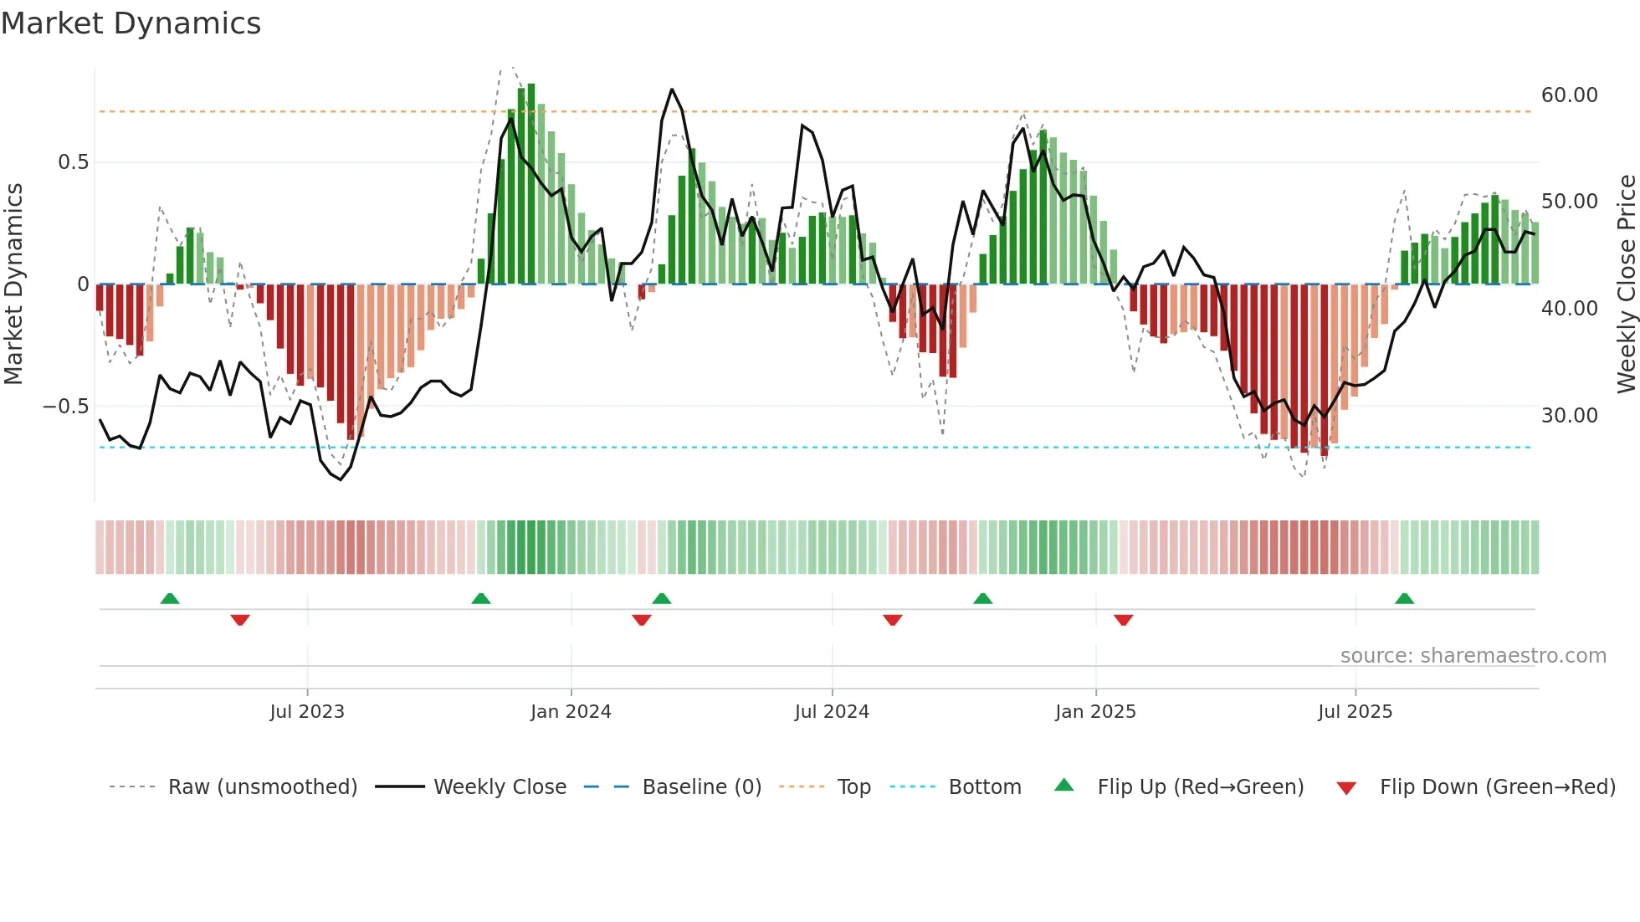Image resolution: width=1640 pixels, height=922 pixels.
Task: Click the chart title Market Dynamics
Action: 131,23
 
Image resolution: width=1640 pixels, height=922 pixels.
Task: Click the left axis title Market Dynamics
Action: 13,284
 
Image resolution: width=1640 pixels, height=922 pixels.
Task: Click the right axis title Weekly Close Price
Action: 1626,284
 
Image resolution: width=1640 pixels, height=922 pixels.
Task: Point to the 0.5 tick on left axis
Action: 74,162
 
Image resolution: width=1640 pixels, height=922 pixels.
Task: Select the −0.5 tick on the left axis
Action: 66,407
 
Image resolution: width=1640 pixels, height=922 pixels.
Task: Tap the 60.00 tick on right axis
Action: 1569,95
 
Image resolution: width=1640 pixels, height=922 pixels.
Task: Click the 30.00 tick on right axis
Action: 1569,416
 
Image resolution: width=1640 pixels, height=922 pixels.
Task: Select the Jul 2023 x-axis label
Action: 307,712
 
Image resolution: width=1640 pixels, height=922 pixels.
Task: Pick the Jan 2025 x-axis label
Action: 1095,712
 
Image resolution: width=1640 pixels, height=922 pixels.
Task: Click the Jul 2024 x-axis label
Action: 832,712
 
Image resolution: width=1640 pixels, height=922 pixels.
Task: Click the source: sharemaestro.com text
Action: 1473,656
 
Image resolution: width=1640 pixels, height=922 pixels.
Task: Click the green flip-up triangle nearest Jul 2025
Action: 1404,599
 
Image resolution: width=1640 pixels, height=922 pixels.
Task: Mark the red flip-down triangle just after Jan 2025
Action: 1123,620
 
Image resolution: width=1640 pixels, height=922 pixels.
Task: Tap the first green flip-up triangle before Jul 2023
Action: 170,599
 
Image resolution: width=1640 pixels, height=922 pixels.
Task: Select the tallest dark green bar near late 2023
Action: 531,184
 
